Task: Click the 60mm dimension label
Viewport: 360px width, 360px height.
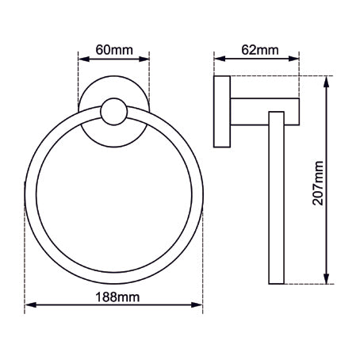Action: coord(114,50)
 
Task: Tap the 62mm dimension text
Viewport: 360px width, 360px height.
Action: coord(259,50)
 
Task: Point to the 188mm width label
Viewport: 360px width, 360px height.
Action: coord(115,297)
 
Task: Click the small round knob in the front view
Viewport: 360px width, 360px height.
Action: coord(114,113)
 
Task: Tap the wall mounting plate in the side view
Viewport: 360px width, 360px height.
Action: coord(223,113)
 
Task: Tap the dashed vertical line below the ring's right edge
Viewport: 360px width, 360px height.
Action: coord(204,262)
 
